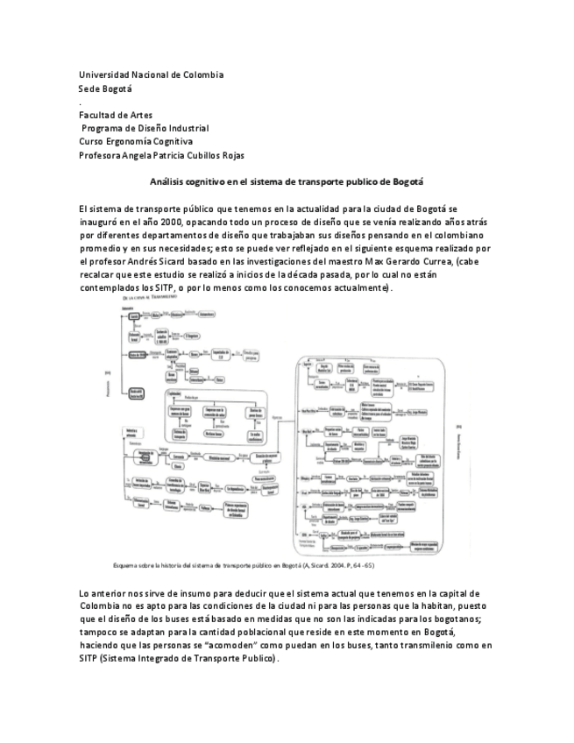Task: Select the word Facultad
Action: (98, 115)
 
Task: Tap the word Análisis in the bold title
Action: (171, 182)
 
